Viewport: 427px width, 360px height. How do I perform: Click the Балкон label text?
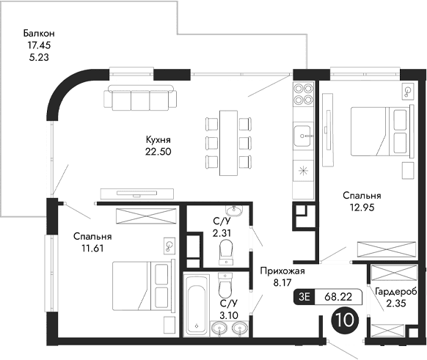39,34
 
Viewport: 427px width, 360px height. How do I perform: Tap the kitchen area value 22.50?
159,152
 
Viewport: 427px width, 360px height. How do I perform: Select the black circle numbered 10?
341,320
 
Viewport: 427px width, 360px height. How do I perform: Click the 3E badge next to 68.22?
302,297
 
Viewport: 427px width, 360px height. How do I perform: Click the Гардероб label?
395,292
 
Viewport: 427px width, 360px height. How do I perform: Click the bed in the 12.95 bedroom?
378,131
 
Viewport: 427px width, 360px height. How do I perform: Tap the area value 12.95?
362,208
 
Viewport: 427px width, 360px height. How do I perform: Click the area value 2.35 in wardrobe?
395,304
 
